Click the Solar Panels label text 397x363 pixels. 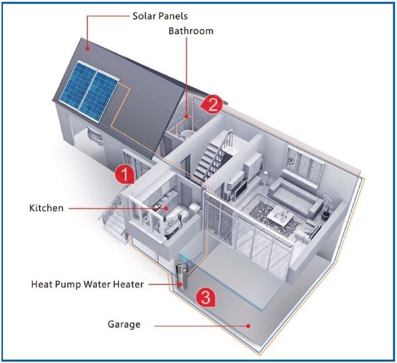tap(160, 16)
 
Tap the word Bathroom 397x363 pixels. tap(191, 31)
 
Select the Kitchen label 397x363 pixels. tap(46, 208)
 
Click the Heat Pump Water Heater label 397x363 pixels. tap(87, 284)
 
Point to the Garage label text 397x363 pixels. tap(124, 324)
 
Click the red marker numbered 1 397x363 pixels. tap(124, 174)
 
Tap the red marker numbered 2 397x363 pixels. tap(212, 104)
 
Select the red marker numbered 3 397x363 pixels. tap(205, 297)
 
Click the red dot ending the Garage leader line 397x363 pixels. tap(248, 326)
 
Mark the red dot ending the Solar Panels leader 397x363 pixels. tap(87, 48)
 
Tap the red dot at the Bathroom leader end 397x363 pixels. tap(187, 116)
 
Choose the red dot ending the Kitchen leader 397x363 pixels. tap(166, 209)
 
